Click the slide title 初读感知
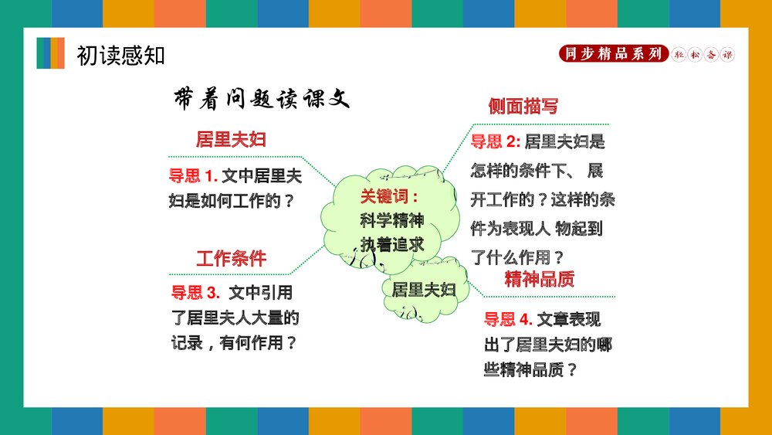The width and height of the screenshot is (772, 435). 120,56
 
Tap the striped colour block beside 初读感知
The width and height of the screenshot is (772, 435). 51,53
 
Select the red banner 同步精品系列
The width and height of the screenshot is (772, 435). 613,54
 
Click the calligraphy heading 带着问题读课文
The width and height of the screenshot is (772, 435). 262,98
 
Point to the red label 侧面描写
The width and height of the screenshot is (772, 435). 523,107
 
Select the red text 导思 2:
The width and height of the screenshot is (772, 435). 496,141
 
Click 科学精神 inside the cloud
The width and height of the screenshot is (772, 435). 392,220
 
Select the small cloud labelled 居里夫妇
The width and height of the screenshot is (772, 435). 424,291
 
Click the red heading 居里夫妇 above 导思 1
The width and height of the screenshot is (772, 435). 231,140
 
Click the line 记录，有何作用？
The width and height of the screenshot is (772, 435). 234,342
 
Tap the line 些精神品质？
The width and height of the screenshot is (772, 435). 530,369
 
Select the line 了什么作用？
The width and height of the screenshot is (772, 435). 518,257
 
